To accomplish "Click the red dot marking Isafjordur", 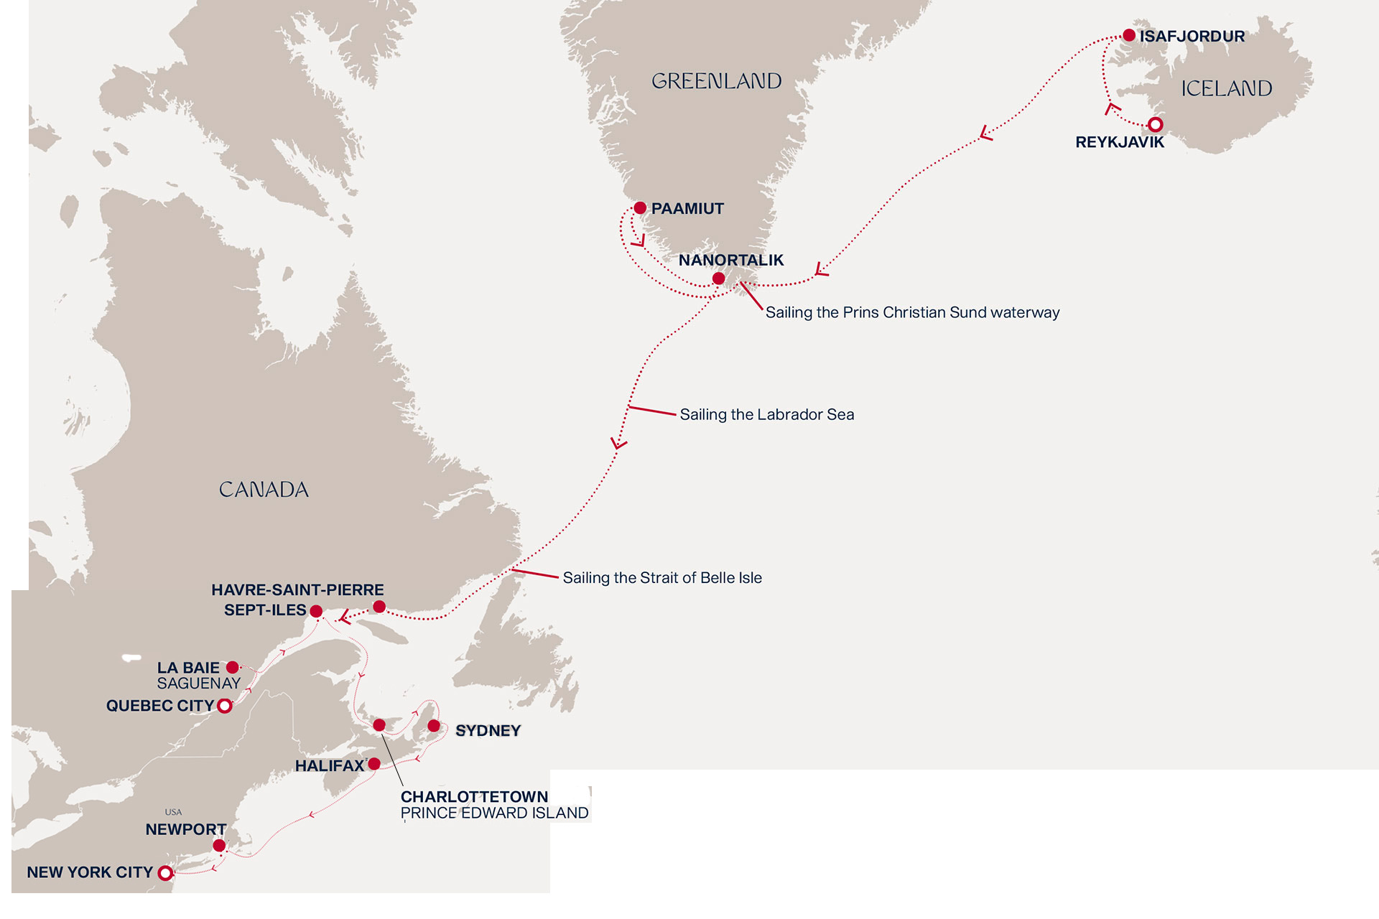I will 1129,35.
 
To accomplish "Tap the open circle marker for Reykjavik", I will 1155,125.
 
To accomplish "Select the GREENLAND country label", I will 716,81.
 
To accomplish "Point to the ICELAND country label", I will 1226,88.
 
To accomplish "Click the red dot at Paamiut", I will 640,208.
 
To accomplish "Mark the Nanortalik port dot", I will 718,279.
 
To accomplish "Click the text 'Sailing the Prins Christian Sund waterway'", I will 912,312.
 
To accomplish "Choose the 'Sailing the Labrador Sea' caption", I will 766,414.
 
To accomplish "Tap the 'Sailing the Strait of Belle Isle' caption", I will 661,578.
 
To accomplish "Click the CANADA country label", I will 264,490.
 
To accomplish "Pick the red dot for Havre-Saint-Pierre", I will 379,607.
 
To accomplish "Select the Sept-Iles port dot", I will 316,612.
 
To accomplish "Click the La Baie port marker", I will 233,668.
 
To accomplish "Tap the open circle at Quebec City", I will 225,706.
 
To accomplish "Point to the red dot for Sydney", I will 434,727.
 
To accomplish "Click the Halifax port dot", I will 374,764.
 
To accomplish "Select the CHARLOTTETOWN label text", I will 474,796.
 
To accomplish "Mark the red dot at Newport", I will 219,846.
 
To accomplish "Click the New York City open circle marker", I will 165,873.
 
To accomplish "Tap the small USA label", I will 173,812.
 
